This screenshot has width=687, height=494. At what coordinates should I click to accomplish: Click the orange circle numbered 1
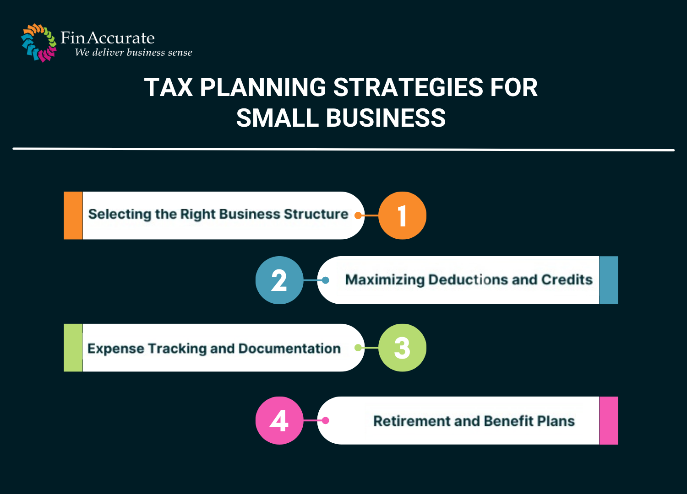[x=402, y=215]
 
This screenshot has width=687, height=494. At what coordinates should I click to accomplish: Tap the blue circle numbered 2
[x=279, y=280]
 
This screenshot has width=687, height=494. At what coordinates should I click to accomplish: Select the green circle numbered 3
[x=402, y=348]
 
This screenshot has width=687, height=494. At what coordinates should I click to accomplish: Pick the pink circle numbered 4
[x=279, y=420]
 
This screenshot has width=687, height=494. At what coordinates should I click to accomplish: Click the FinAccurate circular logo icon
[x=38, y=43]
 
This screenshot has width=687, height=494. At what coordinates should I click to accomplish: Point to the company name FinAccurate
[x=108, y=38]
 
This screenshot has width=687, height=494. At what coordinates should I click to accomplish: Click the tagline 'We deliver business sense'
[x=133, y=53]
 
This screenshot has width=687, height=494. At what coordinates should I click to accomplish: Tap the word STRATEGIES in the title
[x=408, y=87]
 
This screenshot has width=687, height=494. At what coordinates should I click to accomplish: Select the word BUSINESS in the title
[x=386, y=118]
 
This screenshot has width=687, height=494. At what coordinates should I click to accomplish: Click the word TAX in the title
[x=169, y=87]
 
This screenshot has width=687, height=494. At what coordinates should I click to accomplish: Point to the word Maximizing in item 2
[x=385, y=279]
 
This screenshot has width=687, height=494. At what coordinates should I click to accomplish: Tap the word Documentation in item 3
[x=289, y=349]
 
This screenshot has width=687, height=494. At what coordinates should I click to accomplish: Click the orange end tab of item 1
[x=73, y=215]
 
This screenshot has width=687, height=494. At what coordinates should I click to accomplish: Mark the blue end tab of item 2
[x=608, y=280]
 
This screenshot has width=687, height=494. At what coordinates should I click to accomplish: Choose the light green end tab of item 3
[x=73, y=348]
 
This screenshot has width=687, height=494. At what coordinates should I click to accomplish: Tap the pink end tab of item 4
[x=608, y=420]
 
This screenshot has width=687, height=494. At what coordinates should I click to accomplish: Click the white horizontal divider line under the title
[x=343, y=149]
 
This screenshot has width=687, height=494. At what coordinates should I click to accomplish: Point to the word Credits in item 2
[x=567, y=279]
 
